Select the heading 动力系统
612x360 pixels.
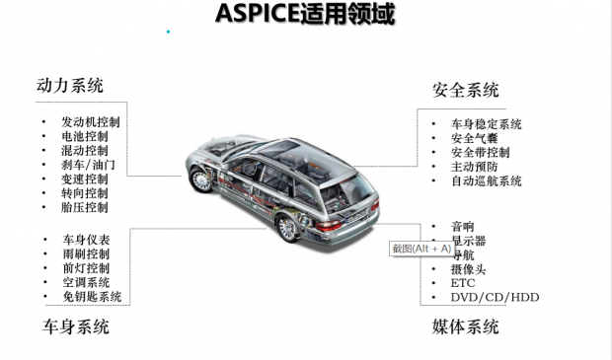tap(69, 86)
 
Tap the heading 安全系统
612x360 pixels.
tap(466, 90)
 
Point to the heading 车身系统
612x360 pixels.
tap(76, 326)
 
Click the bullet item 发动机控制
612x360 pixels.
tap(91, 122)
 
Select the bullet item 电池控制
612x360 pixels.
tap(85, 137)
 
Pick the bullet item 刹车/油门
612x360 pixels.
tap(88, 165)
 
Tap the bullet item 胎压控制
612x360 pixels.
tap(85, 207)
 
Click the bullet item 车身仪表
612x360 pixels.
tap(86, 240)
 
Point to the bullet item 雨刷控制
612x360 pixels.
tap(86, 254)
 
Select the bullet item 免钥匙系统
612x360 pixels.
tap(92, 296)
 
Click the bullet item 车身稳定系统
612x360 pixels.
tap(487, 124)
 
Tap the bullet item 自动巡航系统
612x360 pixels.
tap(487, 181)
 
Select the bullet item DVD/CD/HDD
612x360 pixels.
tap(495, 297)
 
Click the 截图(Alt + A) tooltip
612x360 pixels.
tap(421, 249)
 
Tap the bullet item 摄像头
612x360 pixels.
tap(468, 269)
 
